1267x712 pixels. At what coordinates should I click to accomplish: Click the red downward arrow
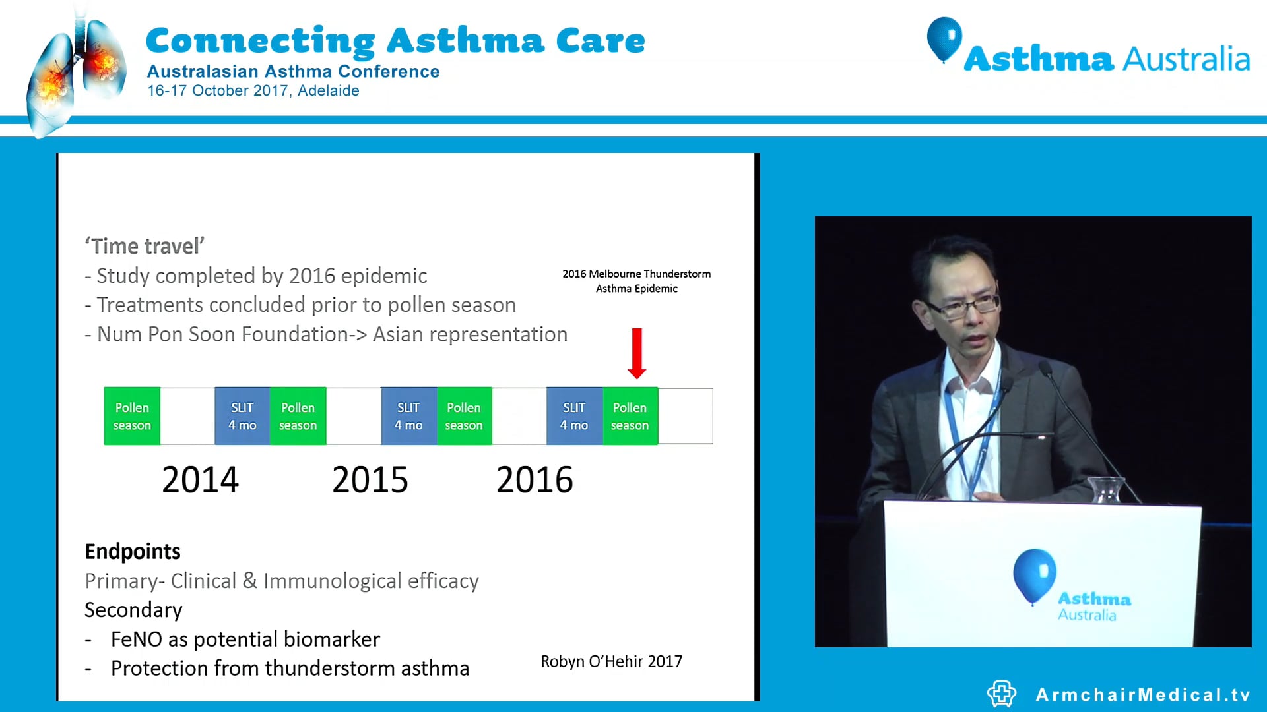(x=636, y=353)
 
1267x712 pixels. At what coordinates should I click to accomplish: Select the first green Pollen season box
(x=132, y=416)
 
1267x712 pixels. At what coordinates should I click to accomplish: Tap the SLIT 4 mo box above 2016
(x=574, y=416)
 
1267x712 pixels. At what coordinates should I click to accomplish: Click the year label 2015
(x=370, y=479)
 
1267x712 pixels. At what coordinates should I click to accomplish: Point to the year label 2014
(x=200, y=479)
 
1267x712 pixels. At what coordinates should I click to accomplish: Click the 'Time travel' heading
(x=145, y=246)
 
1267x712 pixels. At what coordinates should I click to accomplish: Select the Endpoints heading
(x=133, y=551)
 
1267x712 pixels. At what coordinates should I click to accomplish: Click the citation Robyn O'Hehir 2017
(x=612, y=661)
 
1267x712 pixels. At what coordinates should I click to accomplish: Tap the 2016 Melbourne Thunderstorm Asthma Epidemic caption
(x=636, y=281)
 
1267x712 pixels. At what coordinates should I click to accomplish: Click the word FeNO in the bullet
(x=137, y=639)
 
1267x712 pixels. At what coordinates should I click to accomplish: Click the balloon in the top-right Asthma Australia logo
(x=944, y=38)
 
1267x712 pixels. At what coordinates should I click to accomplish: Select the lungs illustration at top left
(x=76, y=73)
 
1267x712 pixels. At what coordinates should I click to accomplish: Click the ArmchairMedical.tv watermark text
(x=1143, y=694)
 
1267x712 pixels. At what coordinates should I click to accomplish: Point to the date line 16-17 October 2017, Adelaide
(x=253, y=91)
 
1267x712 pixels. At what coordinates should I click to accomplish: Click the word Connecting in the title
(x=260, y=41)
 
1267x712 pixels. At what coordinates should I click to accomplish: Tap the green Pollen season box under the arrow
(x=630, y=416)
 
